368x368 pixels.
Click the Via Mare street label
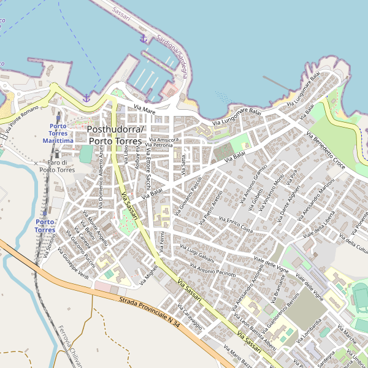(145, 109)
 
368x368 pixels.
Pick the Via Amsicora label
(163, 140)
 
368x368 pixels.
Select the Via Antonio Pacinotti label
(213, 270)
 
